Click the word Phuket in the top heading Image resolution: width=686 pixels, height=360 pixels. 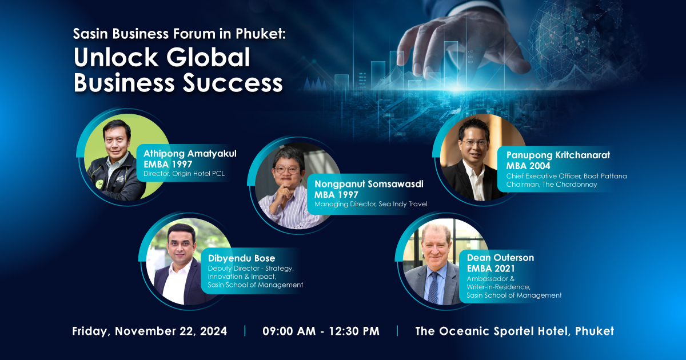(x=260, y=34)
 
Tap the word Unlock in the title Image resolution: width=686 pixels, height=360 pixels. (x=115, y=57)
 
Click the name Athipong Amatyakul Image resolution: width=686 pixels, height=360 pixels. (x=190, y=153)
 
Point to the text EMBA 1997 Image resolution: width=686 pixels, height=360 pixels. (x=168, y=165)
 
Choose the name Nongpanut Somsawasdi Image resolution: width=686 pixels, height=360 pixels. (x=369, y=184)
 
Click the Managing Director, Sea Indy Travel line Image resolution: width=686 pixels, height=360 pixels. (x=370, y=204)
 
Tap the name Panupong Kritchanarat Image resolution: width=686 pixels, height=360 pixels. (x=558, y=155)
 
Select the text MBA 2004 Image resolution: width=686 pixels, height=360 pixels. (x=528, y=166)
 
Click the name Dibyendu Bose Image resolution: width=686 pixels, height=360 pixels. (x=241, y=258)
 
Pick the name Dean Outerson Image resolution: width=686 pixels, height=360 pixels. (x=500, y=258)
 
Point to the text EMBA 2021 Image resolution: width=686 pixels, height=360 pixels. (x=490, y=269)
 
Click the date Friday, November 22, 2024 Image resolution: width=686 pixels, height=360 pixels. (x=149, y=331)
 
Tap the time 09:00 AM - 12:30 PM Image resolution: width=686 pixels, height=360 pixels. (x=321, y=331)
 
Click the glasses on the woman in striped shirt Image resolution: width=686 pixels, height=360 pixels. (x=287, y=169)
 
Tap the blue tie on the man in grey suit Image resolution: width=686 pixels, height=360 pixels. (x=433, y=287)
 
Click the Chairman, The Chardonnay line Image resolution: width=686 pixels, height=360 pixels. (x=552, y=185)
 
